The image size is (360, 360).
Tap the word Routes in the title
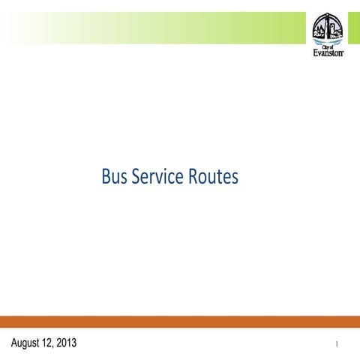216,178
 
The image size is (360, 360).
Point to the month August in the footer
28,343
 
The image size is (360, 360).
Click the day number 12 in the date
54,343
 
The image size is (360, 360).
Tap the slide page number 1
337,344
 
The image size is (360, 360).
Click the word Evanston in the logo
328,53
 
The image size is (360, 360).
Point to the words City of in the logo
328,46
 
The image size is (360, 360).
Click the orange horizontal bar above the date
180,321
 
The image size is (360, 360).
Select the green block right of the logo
352,28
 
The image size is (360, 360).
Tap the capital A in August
15,343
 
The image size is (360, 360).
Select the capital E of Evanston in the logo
315,53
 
